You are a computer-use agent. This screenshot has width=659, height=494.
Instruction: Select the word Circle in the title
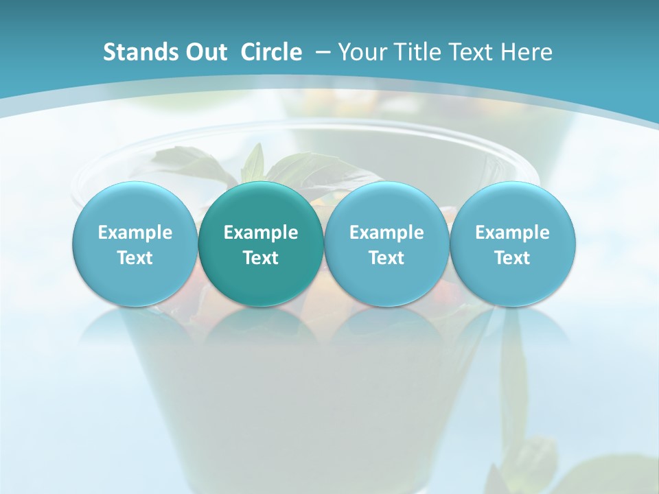click(271, 52)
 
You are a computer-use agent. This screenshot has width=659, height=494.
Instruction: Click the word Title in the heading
click(415, 52)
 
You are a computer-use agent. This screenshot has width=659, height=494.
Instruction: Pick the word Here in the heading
click(527, 52)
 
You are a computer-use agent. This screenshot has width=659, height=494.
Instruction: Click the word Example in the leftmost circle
click(135, 233)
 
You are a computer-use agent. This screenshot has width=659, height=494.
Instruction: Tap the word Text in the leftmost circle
click(135, 258)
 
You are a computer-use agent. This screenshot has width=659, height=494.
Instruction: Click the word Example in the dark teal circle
click(261, 233)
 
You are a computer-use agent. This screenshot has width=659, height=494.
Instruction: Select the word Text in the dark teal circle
click(261, 258)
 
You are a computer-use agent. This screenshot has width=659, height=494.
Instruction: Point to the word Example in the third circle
click(386, 233)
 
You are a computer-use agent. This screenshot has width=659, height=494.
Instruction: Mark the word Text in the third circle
click(386, 258)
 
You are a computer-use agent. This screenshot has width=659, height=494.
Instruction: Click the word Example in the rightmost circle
click(512, 233)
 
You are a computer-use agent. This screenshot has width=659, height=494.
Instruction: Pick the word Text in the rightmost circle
click(512, 258)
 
